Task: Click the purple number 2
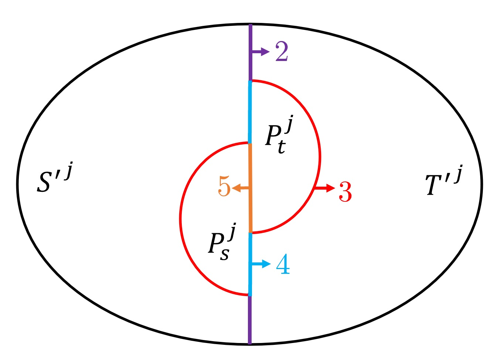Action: click(282, 51)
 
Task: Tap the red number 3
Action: click(345, 191)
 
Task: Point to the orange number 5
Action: click(224, 186)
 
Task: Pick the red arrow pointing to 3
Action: click(325, 189)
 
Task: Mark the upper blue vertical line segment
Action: click(250, 111)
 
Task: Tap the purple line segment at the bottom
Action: click(250, 320)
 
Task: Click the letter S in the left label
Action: click(44, 182)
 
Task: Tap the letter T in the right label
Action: click(433, 185)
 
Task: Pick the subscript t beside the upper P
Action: click(282, 146)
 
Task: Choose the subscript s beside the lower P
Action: click(224, 254)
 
